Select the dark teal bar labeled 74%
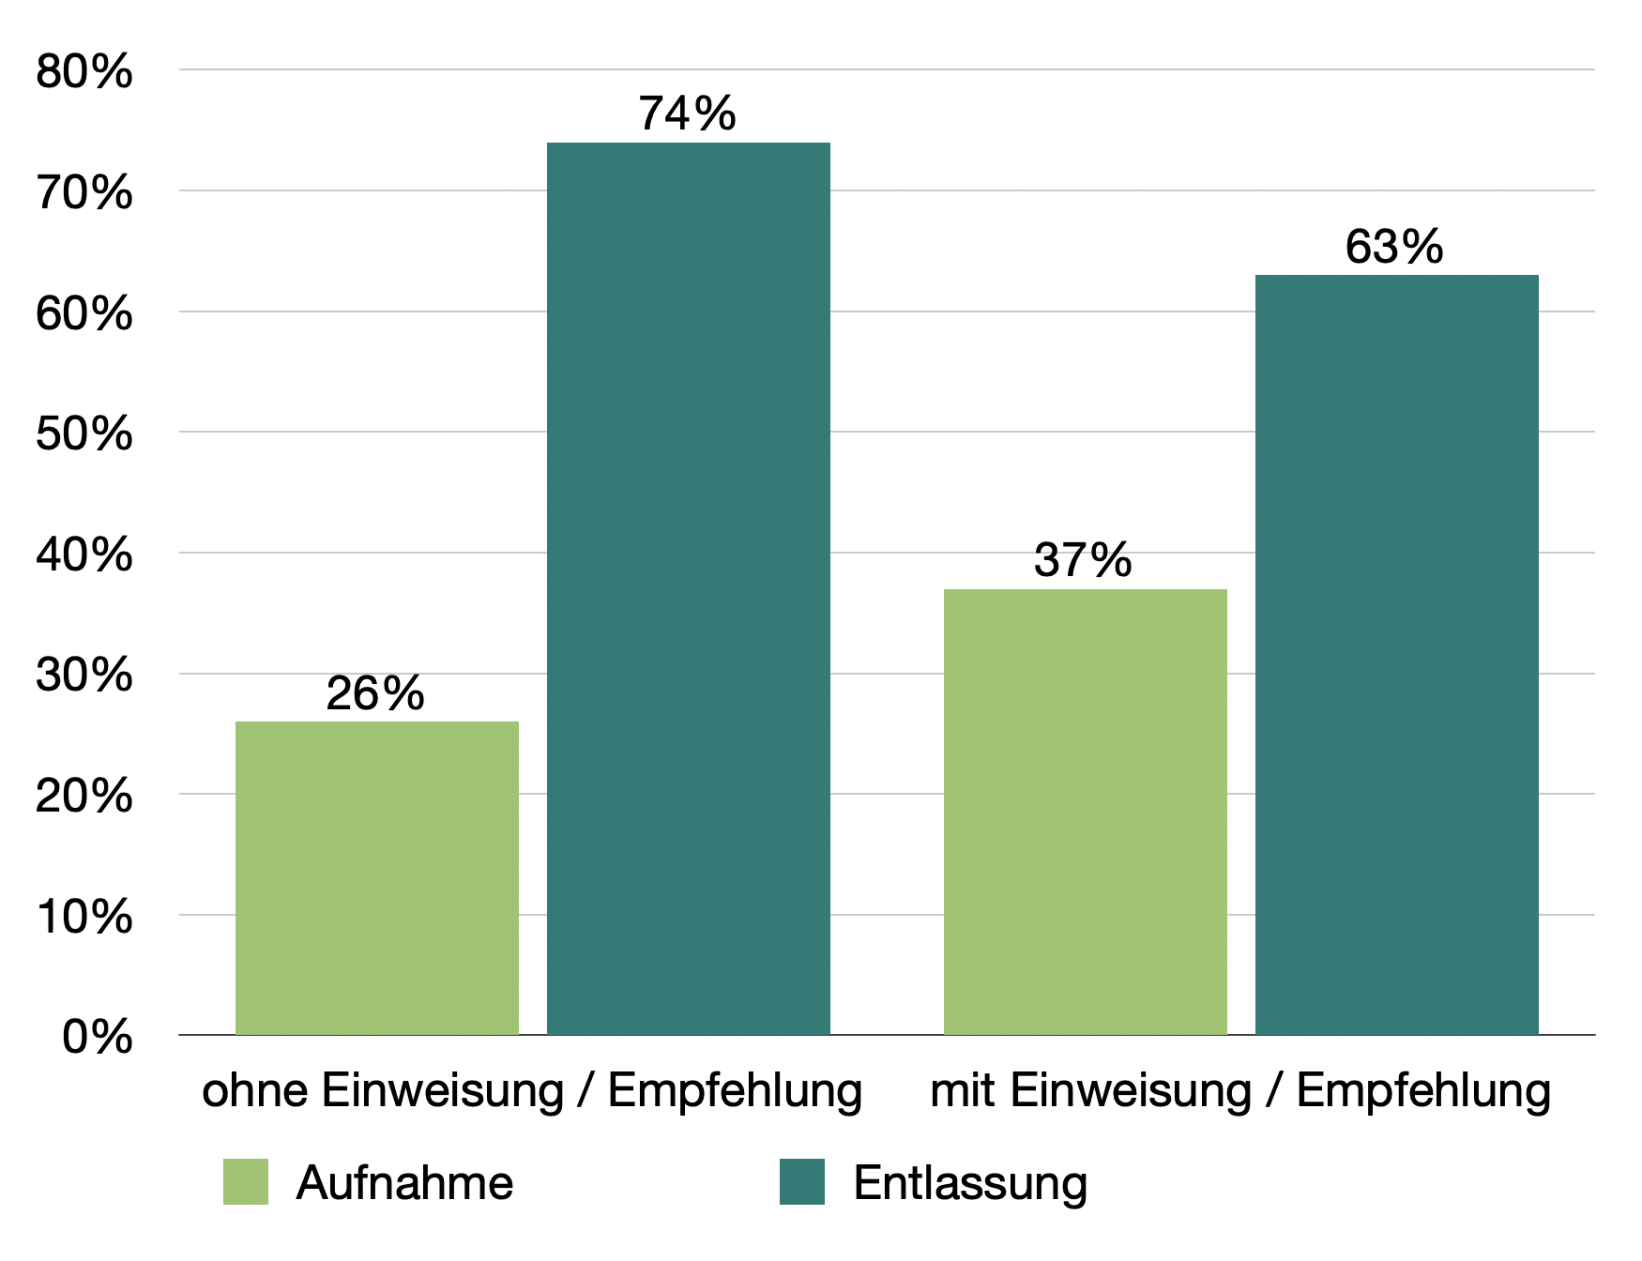pos(688,588)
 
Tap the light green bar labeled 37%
pos(1085,812)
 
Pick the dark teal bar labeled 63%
pos(1396,654)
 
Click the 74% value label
pos(687,114)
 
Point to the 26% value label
pos(375,693)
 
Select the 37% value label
pos(1083,560)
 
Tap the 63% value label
pos(1393,247)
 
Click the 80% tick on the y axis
pos(84,71)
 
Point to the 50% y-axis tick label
pos(84,433)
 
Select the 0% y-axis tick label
pos(97,1037)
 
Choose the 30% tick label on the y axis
pos(84,675)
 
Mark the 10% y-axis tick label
pos(84,917)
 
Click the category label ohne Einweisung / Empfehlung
pos(532,1091)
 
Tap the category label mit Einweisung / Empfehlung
pos(1239,1091)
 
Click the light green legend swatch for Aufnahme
pos(246,1181)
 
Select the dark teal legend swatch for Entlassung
pos(801,1181)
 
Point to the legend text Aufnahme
pos(404,1182)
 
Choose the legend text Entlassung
pos(970,1182)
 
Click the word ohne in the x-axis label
pos(254,1091)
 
